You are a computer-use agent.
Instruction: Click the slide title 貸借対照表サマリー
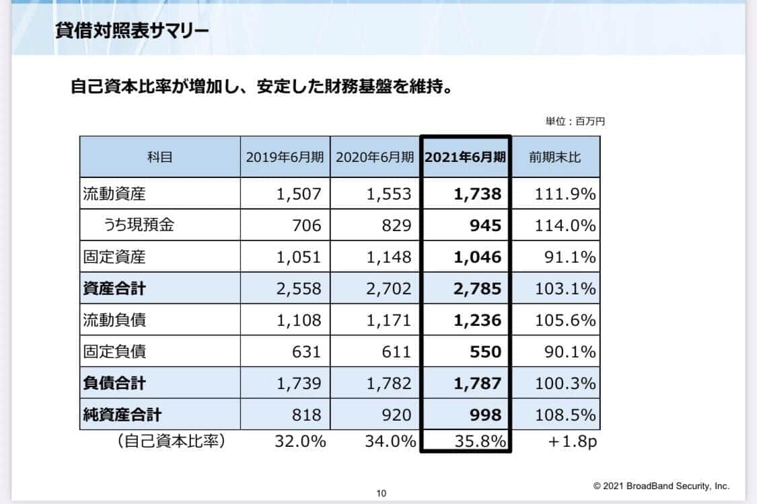(132, 32)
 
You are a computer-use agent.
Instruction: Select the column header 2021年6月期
(465, 157)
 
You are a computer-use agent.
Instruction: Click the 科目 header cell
(160, 157)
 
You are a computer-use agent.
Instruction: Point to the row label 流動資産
(114, 194)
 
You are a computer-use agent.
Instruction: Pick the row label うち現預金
(139, 226)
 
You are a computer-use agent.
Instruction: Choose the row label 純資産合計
(122, 415)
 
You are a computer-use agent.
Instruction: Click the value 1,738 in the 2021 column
(477, 194)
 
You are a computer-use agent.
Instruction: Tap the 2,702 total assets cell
(388, 289)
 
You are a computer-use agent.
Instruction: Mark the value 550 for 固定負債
(485, 351)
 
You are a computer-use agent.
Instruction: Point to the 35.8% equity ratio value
(477, 442)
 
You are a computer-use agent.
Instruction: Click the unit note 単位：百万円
(575, 122)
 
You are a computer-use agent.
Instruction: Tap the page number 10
(382, 494)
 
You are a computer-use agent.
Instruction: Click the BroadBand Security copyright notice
(661, 486)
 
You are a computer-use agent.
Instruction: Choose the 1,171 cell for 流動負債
(388, 321)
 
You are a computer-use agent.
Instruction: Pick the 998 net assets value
(485, 415)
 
